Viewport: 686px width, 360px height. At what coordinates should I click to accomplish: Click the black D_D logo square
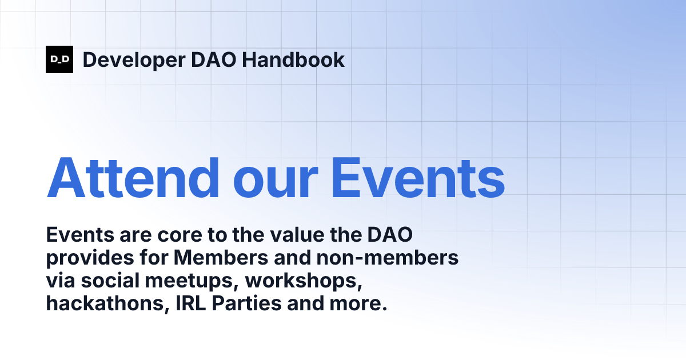pyautogui.click(x=59, y=59)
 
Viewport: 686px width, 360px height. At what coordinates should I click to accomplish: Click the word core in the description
pyautogui.click(x=172, y=235)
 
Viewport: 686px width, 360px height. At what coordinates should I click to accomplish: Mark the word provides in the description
pyautogui.click(x=88, y=258)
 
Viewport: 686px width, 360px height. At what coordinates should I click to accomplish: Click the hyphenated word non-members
pyautogui.click(x=388, y=258)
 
